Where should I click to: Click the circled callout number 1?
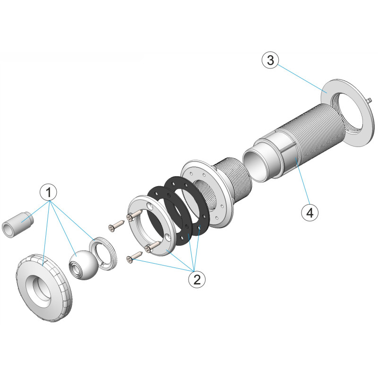pos(49,192)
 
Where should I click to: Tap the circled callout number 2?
pos(197,280)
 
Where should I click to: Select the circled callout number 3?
pos(270,60)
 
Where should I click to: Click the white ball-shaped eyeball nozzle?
pos(84,265)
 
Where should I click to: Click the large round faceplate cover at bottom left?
pos(44,288)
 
